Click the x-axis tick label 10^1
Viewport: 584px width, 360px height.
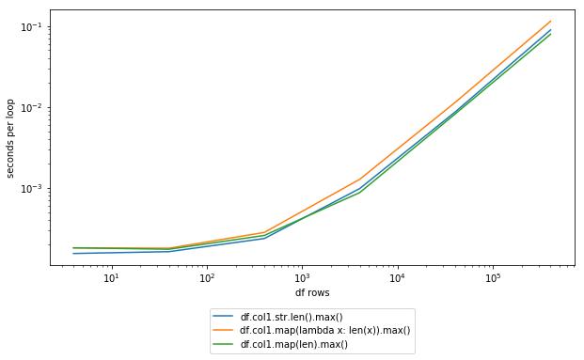tap(111, 278)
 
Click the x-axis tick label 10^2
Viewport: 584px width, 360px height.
tap(206, 278)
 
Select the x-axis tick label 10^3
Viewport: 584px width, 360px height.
tap(302, 278)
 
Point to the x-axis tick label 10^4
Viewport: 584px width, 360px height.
tap(397, 278)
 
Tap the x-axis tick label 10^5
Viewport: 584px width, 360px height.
tap(492, 278)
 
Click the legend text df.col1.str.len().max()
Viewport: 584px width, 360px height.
tap(292, 317)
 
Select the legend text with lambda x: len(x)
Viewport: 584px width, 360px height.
tap(325, 330)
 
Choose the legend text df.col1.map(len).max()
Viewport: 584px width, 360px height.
tap(294, 344)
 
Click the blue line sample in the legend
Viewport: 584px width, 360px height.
tap(224, 317)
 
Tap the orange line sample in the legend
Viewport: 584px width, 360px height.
tap(224, 330)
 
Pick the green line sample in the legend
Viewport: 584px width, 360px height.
tap(224, 344)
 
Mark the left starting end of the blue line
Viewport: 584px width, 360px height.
tap(73, 253)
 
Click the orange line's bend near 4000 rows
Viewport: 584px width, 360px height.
tap(360, 179)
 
